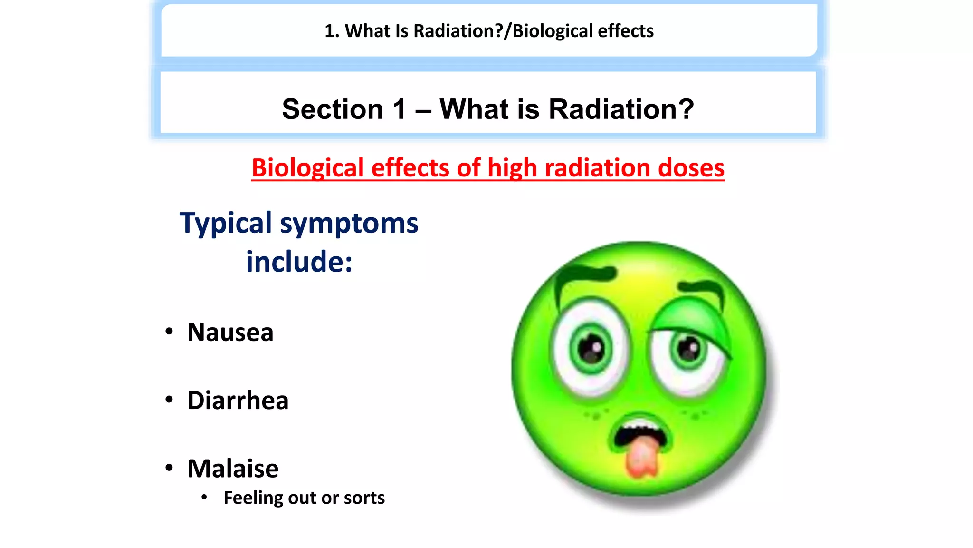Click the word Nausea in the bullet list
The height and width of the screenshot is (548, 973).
point(230,332)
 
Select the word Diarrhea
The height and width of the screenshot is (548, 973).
point(238,400)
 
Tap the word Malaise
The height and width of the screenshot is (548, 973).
point(233,468)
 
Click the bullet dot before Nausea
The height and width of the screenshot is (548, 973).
point(169,332)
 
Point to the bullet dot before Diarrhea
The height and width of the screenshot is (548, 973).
point(169,400)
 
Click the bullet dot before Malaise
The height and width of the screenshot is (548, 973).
point(169,468)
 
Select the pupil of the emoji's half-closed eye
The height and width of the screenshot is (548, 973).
point(688,350)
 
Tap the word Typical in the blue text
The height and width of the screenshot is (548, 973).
point(225,223)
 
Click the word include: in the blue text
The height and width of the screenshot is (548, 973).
point(299,262)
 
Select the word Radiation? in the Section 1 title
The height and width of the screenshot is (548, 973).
point(621,109)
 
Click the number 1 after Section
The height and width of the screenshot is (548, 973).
point(400,109)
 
